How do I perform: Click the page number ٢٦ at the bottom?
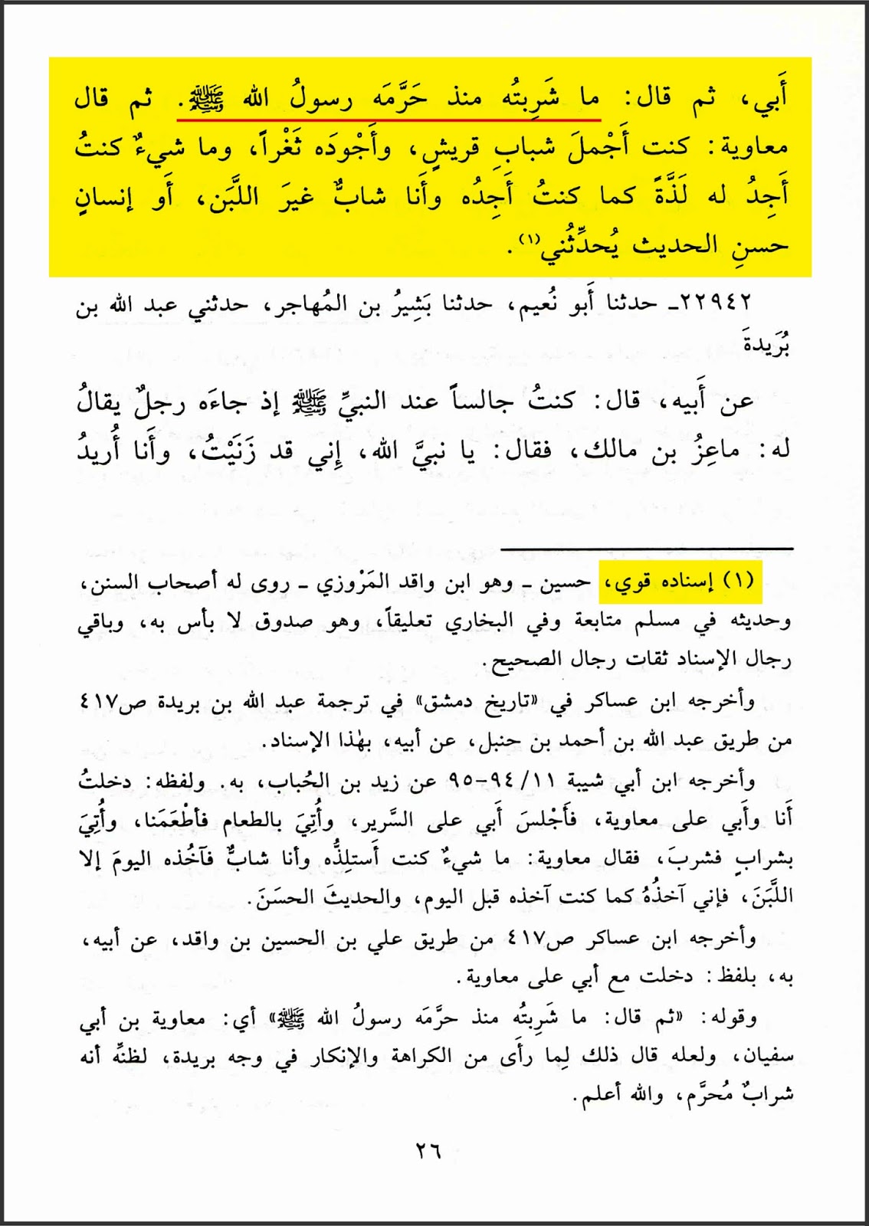[x=428, y=1150]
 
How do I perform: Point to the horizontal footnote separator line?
[x=647, y=549]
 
